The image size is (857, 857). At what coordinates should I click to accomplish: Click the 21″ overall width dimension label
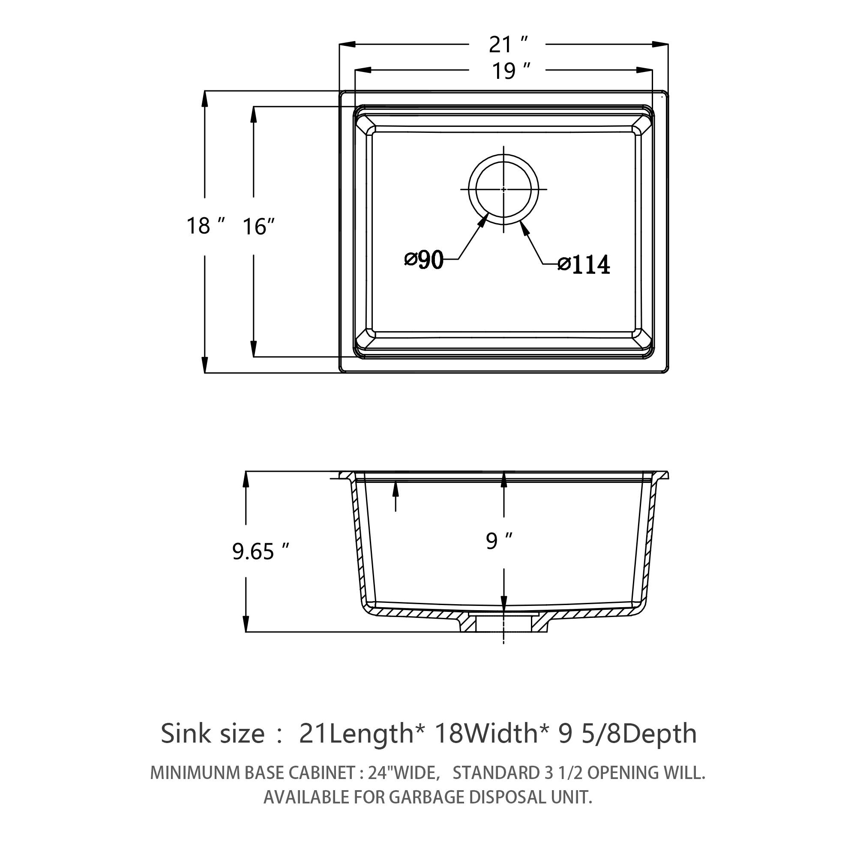click(x=507, y=45)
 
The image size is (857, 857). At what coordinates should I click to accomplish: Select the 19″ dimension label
click(x=510, y=71)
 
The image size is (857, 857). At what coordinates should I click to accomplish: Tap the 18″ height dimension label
click(x=205, y=226)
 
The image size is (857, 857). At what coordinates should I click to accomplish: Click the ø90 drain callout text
click(x=424, y=260)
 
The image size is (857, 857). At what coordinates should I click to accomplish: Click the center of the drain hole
click(x=503, y=189)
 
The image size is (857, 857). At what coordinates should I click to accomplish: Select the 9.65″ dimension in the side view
click(x=261, y=551)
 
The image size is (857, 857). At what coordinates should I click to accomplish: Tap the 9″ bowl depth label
click(x=499, y=541)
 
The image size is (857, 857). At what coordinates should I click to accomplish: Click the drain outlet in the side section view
click(x=503, y=623)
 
